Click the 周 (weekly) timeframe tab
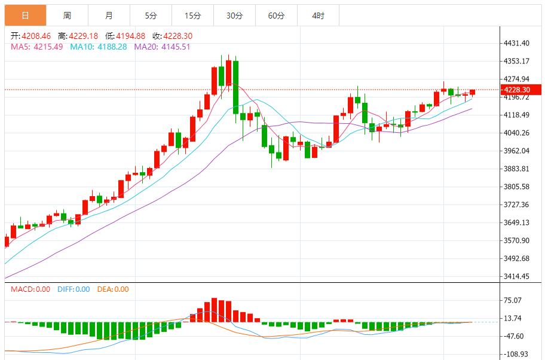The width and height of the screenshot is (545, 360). click(x=67, y=16)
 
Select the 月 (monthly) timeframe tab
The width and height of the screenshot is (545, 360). click(x=109, y=16)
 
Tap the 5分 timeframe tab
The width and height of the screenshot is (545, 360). click(x=151, y=16)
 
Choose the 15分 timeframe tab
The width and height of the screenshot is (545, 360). click(x=192, y=16)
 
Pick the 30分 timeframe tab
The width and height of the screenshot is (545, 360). click(x=234, y=16)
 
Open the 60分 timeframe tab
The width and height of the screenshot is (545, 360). click(x=276, y=16)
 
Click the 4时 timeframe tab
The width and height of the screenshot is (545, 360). click(x=318, y=16)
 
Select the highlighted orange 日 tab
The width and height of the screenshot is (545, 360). click(x=25, y=16)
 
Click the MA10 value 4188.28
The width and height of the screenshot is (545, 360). click(x=110, y=46)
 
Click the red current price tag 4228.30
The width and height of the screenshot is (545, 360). click(x=521, y=90)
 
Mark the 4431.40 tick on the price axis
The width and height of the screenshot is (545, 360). click(x=517, y=43)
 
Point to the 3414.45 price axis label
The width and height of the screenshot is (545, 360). click(x=517, y=276)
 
